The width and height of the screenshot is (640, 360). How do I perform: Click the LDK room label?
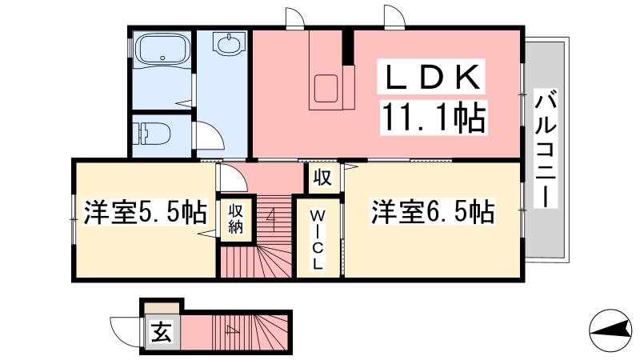(433, 77)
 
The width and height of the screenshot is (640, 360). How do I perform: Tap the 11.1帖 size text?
(434, 117)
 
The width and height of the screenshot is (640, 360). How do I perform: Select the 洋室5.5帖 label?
(146, 212)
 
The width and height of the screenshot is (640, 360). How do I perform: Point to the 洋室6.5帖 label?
(432, 212)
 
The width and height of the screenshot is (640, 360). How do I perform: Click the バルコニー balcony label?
(546, 149)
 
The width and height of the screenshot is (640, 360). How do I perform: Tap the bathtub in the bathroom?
(162, 49)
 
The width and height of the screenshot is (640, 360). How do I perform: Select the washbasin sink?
(228, 44)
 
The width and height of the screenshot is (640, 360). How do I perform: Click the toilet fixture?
(154, 134)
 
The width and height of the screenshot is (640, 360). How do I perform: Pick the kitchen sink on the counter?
(326, 88)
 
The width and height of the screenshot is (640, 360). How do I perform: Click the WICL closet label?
(317, 239)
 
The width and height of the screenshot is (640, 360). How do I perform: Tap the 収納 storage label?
(235, 218)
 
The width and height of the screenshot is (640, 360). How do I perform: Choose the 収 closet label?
(322, 177)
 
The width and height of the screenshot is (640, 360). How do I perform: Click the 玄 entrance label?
(162, 331)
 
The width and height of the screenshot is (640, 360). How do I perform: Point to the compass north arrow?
(610, 330)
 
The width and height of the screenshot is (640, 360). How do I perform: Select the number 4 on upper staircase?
(271, 220)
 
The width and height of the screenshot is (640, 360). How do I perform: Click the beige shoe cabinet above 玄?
(162, 308)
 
